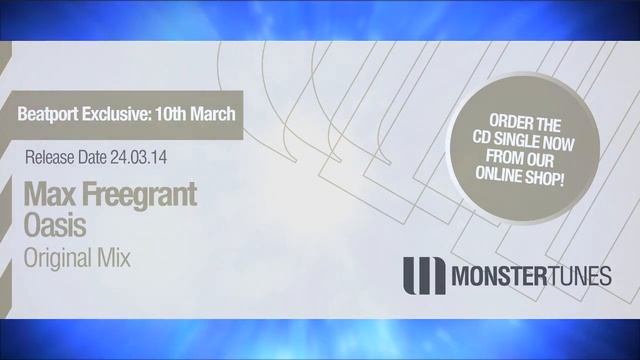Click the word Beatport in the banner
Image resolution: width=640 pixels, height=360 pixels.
click(x=48, y=114)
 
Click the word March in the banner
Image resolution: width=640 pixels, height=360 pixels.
click(x=213, y=114)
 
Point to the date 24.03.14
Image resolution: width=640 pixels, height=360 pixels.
click(x=138, y=158)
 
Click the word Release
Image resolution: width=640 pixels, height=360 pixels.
click(x=50, y=158)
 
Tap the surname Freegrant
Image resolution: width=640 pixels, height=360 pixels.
click(x=139, y=195)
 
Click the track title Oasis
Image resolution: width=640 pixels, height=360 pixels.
click(x=55, y=225)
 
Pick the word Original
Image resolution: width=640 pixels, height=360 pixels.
click(x=58, y=259)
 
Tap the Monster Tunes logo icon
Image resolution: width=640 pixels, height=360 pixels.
click(x=424, y=276)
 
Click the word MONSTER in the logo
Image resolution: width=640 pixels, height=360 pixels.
click(x=499, y=276)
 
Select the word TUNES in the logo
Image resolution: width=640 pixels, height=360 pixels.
click(x=579, y=276)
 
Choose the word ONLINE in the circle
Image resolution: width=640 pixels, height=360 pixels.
click(x=499, y=174)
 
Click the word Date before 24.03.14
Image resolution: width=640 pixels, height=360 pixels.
click(x=92, y=158)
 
